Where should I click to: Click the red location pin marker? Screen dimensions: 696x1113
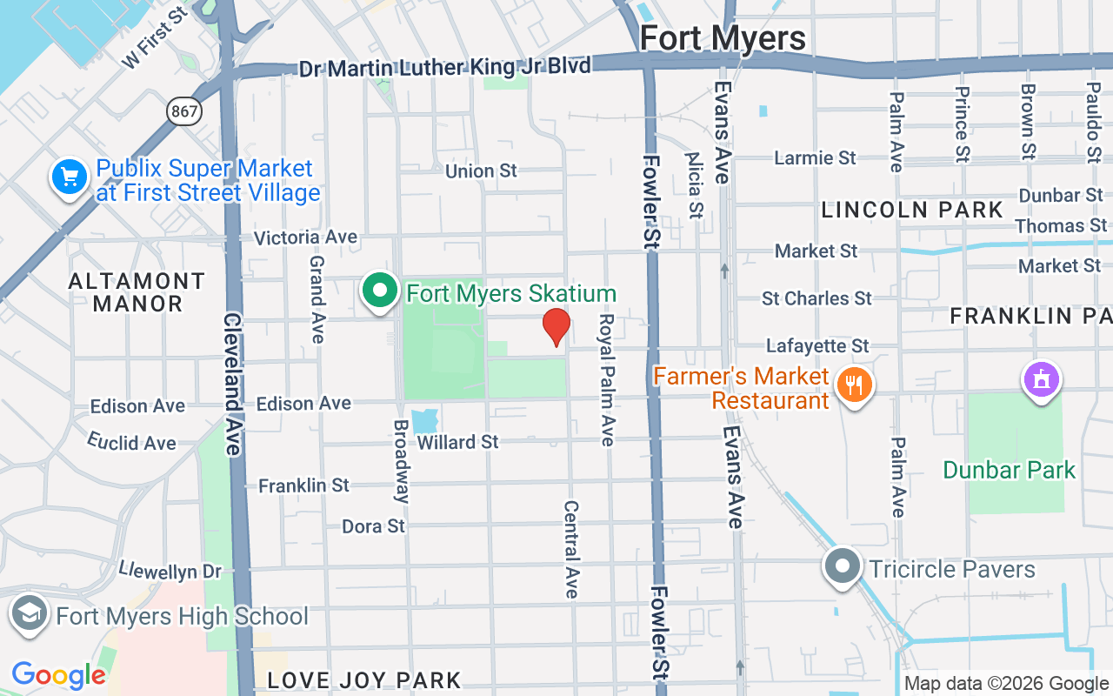[556, 326]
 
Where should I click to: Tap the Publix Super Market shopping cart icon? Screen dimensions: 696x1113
[70, 177]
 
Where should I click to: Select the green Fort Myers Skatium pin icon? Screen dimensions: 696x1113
[379, 291]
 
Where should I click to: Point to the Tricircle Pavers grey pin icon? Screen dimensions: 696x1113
[842, 567]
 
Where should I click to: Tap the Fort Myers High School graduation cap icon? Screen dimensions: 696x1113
[30, 613]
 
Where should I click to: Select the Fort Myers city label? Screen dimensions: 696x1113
[723, 38]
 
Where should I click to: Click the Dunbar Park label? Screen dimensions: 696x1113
[1009, 470]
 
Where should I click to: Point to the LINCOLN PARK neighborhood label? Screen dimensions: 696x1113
[912, 210]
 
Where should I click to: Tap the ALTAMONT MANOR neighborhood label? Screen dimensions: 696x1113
[137, 292]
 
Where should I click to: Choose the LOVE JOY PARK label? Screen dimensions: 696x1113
[363, 679]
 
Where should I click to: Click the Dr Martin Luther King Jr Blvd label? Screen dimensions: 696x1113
[444, 67]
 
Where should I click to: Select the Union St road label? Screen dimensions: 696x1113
[481, 171]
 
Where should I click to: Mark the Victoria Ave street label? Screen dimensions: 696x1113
[305, 237]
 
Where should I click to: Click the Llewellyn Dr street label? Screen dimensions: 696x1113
[170, 571]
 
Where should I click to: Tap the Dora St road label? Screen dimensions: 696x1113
[373, 525]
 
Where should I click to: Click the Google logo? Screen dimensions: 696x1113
[58, 674]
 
